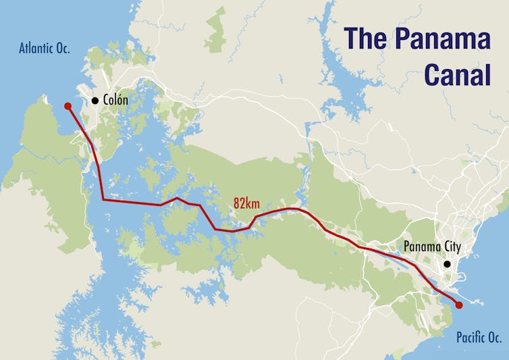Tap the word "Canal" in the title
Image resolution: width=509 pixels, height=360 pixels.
457,75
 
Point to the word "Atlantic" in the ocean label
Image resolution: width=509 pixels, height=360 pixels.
36,48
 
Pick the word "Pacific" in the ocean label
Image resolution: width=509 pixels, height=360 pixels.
470,337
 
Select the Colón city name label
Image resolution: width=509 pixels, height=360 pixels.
115,100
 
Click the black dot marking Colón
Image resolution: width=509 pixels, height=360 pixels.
95,101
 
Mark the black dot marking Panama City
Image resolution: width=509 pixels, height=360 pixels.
447,264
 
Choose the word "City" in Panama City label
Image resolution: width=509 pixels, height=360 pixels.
448,247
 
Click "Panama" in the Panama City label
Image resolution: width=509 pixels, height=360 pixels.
419,247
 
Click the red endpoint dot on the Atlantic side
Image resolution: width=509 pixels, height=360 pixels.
68,105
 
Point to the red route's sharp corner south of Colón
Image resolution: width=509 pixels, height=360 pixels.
103,200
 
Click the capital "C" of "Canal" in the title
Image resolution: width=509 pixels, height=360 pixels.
433,75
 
